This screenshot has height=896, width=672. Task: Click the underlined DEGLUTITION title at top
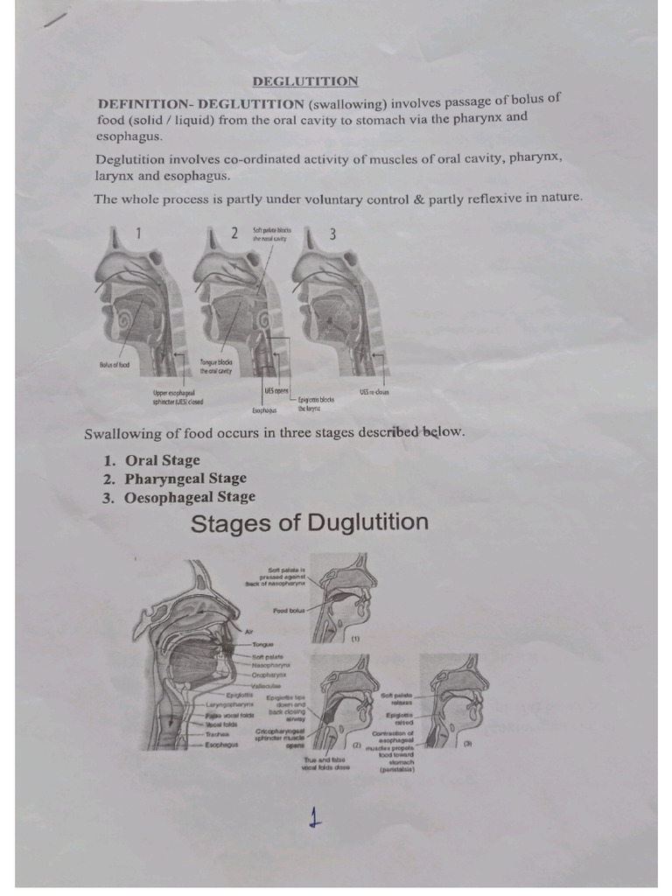pyautogui.click(x=305, y=81)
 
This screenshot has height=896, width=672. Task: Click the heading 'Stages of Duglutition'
pyautogui.click(x=309, y=524)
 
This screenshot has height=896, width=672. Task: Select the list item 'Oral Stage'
pyautogui.click(x=162, y=460)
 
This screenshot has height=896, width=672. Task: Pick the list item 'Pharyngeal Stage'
pyautogui.click(x=185, y=479)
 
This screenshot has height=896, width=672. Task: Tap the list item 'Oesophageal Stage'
pyautogui.click(x=190, y=497)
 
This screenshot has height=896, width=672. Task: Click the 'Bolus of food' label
pyautogui.click(x=114, y=365)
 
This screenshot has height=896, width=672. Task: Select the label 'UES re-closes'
pyautogui.click(x=374, y=392)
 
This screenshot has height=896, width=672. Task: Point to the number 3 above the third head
pyautogui.click(x=332, y=234)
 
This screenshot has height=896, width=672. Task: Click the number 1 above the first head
pyautogui.click(x=137, y=232)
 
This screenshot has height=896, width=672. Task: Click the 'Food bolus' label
pyautogui.click(x=288, y=610)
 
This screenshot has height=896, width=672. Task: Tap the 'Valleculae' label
pyautogui.click(x=266, y=686)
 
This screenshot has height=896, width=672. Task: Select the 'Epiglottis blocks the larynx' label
pyautogui.click(x=316, y=403)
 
